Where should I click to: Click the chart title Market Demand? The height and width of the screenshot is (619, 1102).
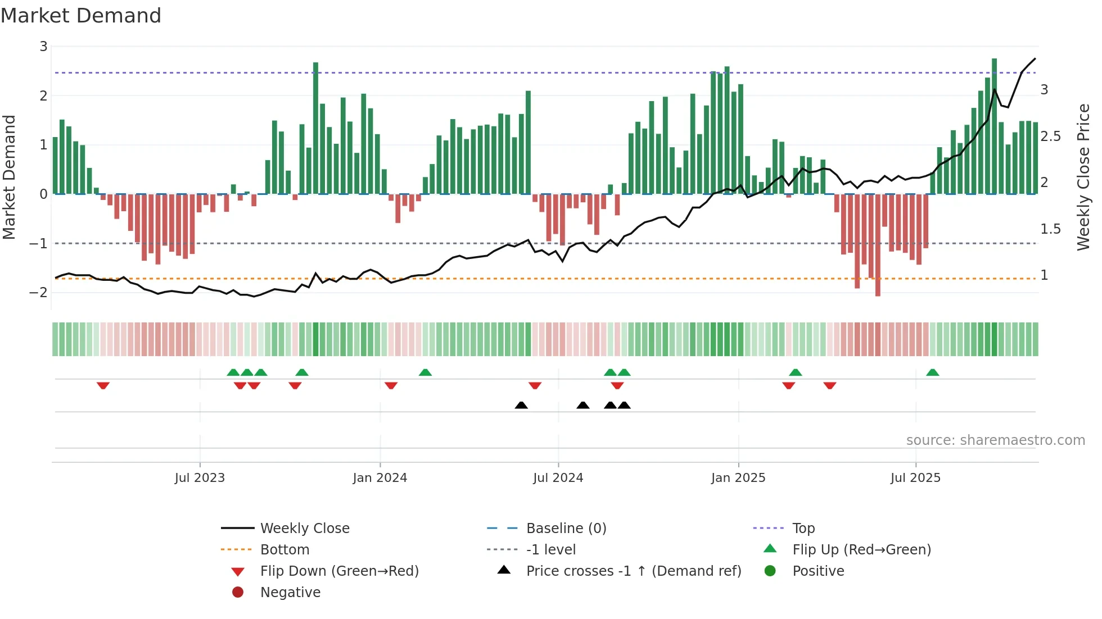tap(81, 16)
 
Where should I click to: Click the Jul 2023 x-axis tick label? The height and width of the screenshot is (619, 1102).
tap(200, 478)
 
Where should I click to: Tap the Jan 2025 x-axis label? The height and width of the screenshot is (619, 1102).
tap(738, 478)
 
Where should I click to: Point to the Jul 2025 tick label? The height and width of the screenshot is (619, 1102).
tap(915, 478)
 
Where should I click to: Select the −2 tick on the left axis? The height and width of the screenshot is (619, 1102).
tap(39, 293)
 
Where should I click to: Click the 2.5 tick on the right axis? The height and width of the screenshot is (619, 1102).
tap(1050, 136)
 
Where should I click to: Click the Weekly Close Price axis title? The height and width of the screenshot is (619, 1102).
tap(1083, 177)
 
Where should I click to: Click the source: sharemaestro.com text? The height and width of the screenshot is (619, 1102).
tap(995, 440)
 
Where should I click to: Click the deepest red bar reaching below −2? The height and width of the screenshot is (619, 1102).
tap(878, 245)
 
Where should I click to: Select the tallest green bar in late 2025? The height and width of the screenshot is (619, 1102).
tap(994, 126)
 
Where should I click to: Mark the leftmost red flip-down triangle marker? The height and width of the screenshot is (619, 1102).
tap(103, 385)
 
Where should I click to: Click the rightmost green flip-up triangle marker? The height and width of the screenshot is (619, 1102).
tap(932, 372)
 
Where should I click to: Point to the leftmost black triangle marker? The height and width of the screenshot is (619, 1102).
tap(521, 405)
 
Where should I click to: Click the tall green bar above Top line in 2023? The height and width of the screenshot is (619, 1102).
tap(315, 128)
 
